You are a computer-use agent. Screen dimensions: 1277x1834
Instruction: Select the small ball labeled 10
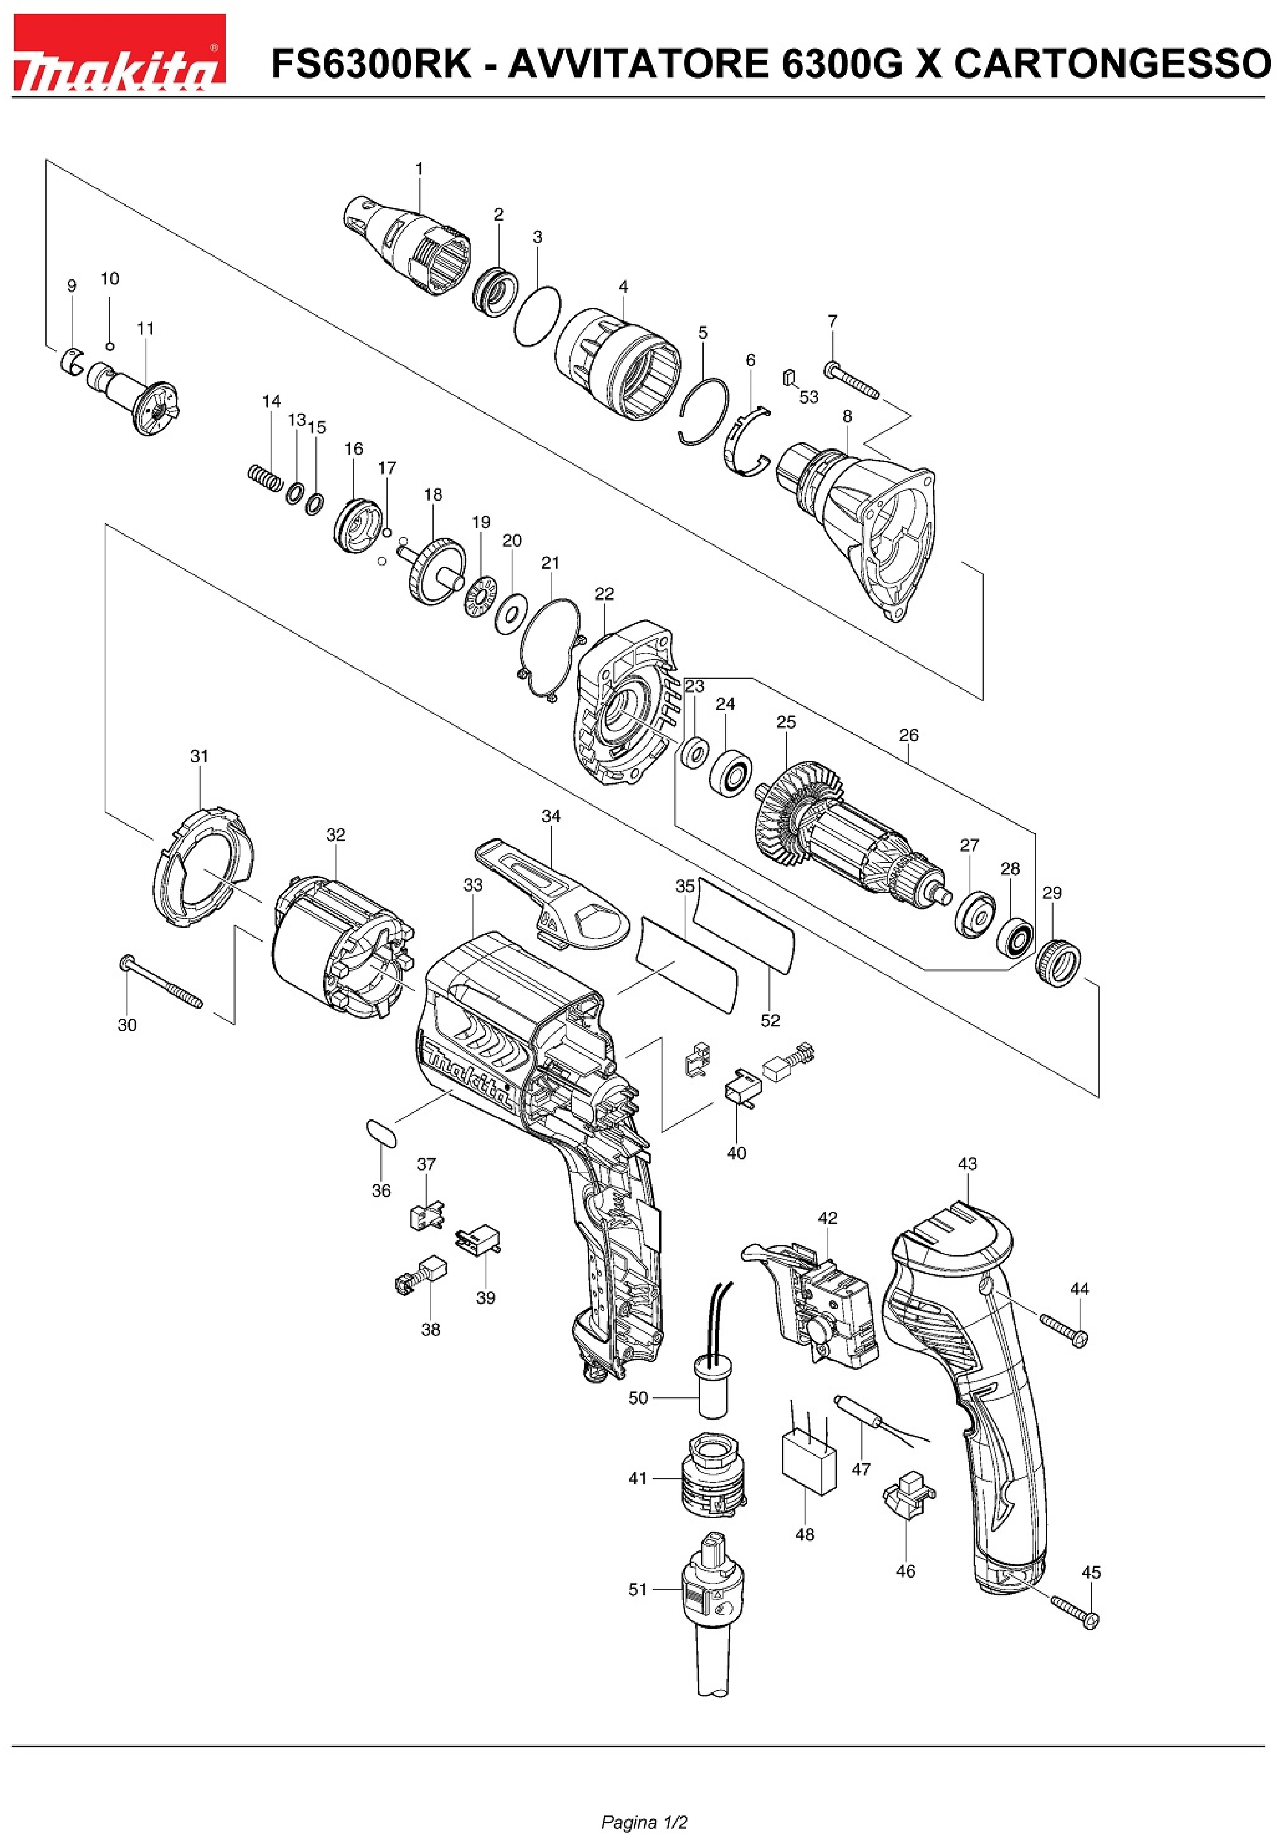110,346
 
